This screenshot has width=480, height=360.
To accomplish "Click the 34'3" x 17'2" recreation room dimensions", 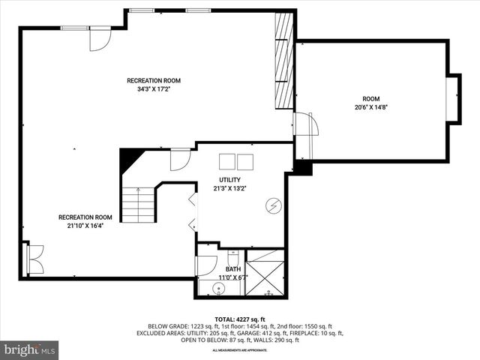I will click(153, 89).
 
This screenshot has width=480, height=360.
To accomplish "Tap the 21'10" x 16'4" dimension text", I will click(79, 226).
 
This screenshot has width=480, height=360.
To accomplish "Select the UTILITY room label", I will click(229, 180).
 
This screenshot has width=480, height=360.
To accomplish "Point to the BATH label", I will click(233, 269).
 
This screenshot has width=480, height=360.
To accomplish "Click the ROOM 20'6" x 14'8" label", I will click(370, 99).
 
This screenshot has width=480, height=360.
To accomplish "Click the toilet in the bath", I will click(232, 256).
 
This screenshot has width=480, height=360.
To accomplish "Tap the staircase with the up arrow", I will click(138, 205).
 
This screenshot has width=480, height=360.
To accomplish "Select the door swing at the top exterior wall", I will click(100, 40).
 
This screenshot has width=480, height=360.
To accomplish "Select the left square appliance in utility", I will click(226, 161).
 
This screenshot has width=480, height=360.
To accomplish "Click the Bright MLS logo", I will click(30, 349).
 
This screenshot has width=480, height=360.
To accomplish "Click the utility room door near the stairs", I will click(180, 159).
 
